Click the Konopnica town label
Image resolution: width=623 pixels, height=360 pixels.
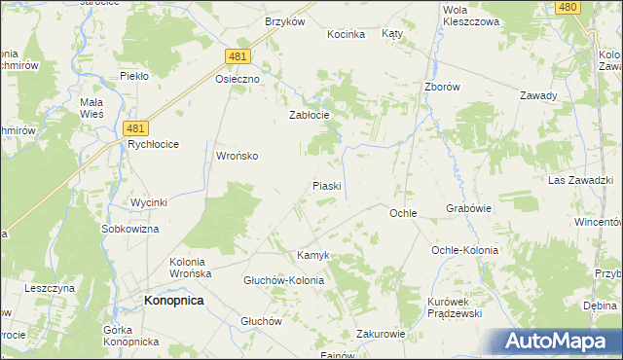[x=173, y=302]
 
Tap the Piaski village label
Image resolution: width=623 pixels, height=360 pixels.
[x=325, y=185]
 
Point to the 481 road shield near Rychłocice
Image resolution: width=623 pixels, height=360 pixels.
[x=137, y=127]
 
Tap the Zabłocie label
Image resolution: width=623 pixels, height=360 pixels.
[x=311, y=114]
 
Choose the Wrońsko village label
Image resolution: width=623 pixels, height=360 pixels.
[x=237, y=155]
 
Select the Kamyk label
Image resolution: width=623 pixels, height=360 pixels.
[x=313, y=255]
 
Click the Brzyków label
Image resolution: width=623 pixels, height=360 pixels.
[x=285, y=21]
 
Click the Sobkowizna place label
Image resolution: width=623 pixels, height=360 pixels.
[x=129, y=229]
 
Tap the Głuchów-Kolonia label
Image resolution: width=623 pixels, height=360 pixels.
[x=283, y=280]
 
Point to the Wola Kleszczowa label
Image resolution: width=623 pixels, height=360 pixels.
[x=470, y=15]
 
